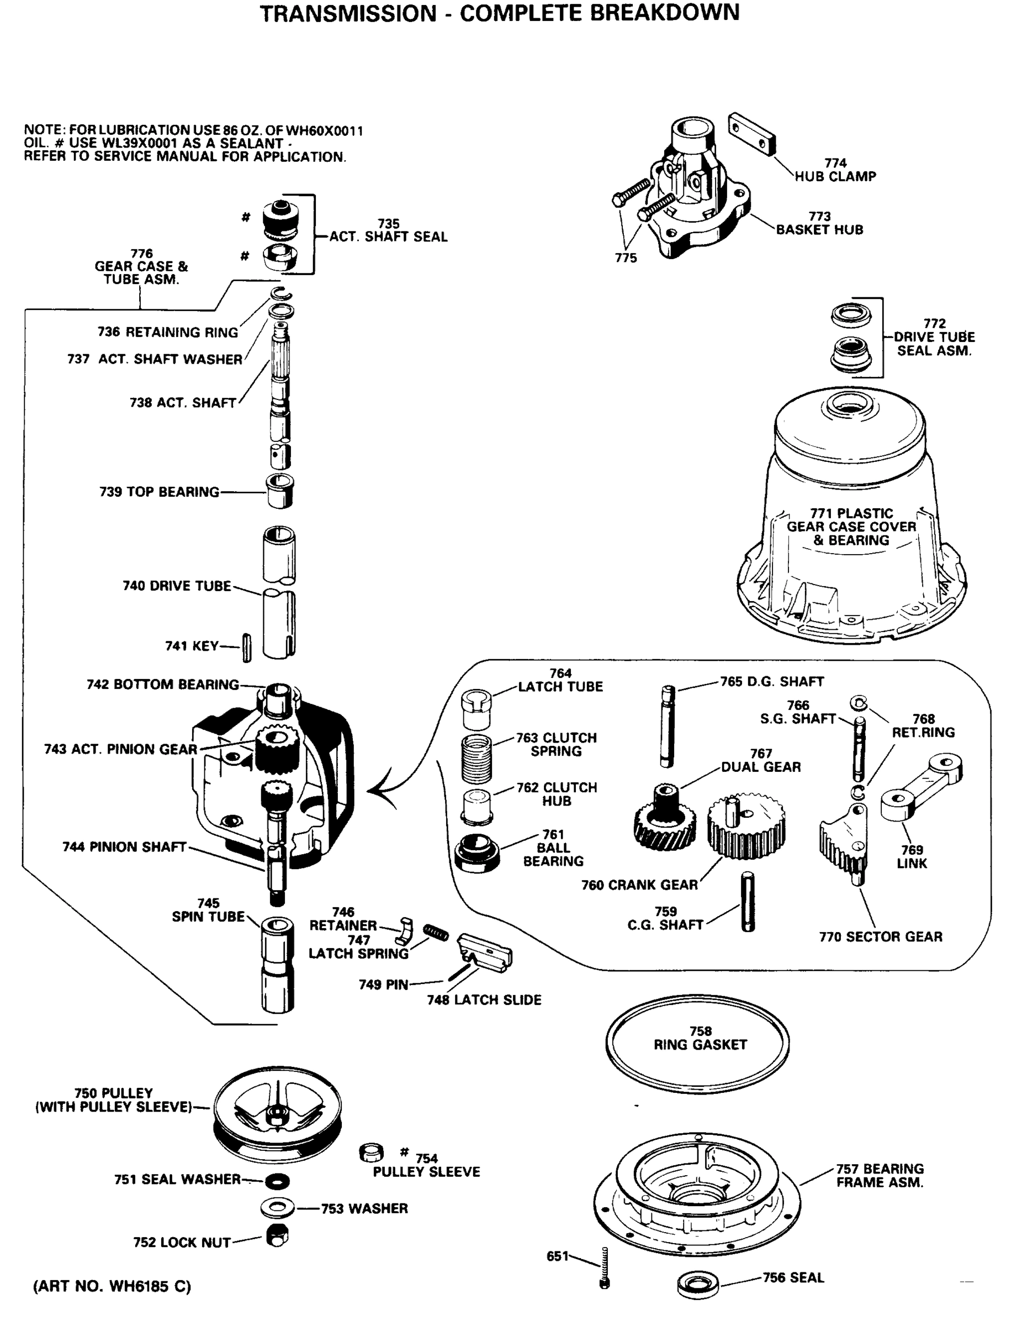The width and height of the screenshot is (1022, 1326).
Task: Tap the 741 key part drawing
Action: [246, 648]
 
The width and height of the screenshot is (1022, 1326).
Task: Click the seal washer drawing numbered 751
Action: [277, 1181]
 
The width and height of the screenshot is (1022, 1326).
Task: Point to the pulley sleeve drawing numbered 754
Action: [372, 1152]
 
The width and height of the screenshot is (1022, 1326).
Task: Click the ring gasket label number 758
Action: [700, 1031]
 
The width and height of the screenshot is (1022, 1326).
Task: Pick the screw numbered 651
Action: [604, 1268]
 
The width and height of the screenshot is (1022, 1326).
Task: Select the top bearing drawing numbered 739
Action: [280, 491]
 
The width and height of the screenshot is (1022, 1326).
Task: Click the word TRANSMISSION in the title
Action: [348, 13]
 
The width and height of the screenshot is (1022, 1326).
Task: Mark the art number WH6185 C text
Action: [112, 1286]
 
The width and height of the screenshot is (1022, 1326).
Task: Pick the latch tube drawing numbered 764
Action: [476, 708]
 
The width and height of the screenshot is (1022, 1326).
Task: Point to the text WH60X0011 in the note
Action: [324, 130]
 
